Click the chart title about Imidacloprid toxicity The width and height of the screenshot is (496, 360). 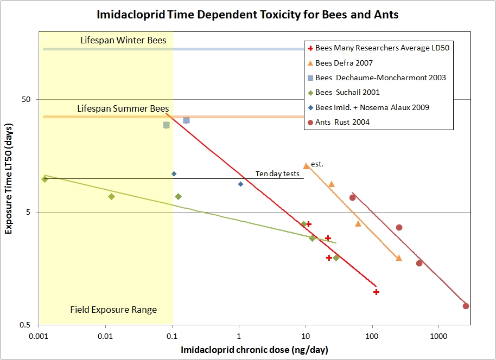point(247,15)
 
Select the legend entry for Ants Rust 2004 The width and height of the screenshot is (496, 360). point(342,122)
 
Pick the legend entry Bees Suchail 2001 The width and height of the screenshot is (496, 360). point(347,92)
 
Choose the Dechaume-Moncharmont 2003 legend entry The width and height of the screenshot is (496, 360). point(380,78)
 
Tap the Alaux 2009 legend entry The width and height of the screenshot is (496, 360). point(372,107)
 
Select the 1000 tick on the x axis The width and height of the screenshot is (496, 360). point(438,336)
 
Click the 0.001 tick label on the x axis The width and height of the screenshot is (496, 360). point(39,336)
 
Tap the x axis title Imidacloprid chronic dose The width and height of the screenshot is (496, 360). point(255,350)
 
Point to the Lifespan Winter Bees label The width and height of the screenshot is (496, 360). point(123,40)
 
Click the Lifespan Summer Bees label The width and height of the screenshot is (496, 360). point(123,108)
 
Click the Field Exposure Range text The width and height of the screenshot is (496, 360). point(113,310)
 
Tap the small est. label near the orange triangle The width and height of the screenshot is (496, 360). point(317,163)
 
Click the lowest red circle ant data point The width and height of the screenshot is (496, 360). point(466,306)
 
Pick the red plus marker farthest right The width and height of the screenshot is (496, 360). point(376,292)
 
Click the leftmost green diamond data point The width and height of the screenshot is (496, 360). point(44,179)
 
